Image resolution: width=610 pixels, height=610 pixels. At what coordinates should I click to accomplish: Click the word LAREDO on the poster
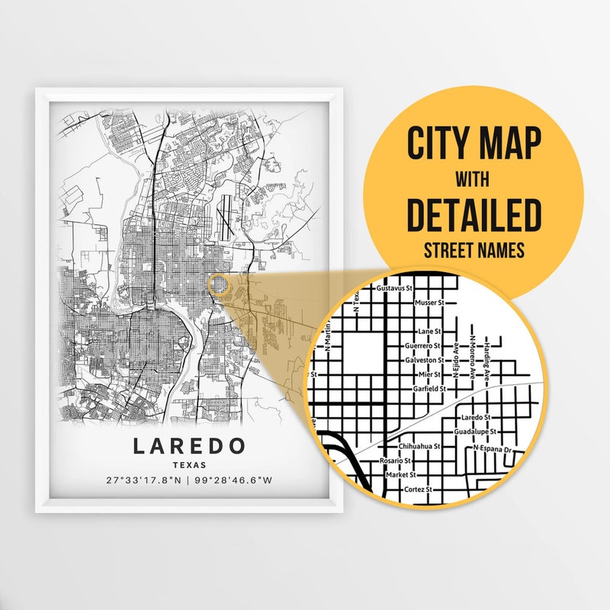pos(189,445)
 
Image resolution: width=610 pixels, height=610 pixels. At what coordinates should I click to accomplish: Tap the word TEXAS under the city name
pos(189,464)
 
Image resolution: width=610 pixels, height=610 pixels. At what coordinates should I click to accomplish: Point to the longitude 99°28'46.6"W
pos(234,481)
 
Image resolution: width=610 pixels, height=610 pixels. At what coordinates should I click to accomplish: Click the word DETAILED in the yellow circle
pos(474,215)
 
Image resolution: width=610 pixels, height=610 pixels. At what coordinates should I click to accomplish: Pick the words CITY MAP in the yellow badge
pos(474,143)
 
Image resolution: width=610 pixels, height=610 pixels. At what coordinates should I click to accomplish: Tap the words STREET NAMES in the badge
pos(474,249)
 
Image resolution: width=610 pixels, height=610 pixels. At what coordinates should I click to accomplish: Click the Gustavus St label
pos(394,290)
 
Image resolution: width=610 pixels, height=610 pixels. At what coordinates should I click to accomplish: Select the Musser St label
pos(429,303)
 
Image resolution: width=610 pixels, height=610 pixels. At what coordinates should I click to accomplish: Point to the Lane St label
pos(430,332)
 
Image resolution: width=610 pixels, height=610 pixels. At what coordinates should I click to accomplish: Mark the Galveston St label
pos(424,360)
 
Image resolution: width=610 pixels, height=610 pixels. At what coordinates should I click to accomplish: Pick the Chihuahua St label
pos(419,447)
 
